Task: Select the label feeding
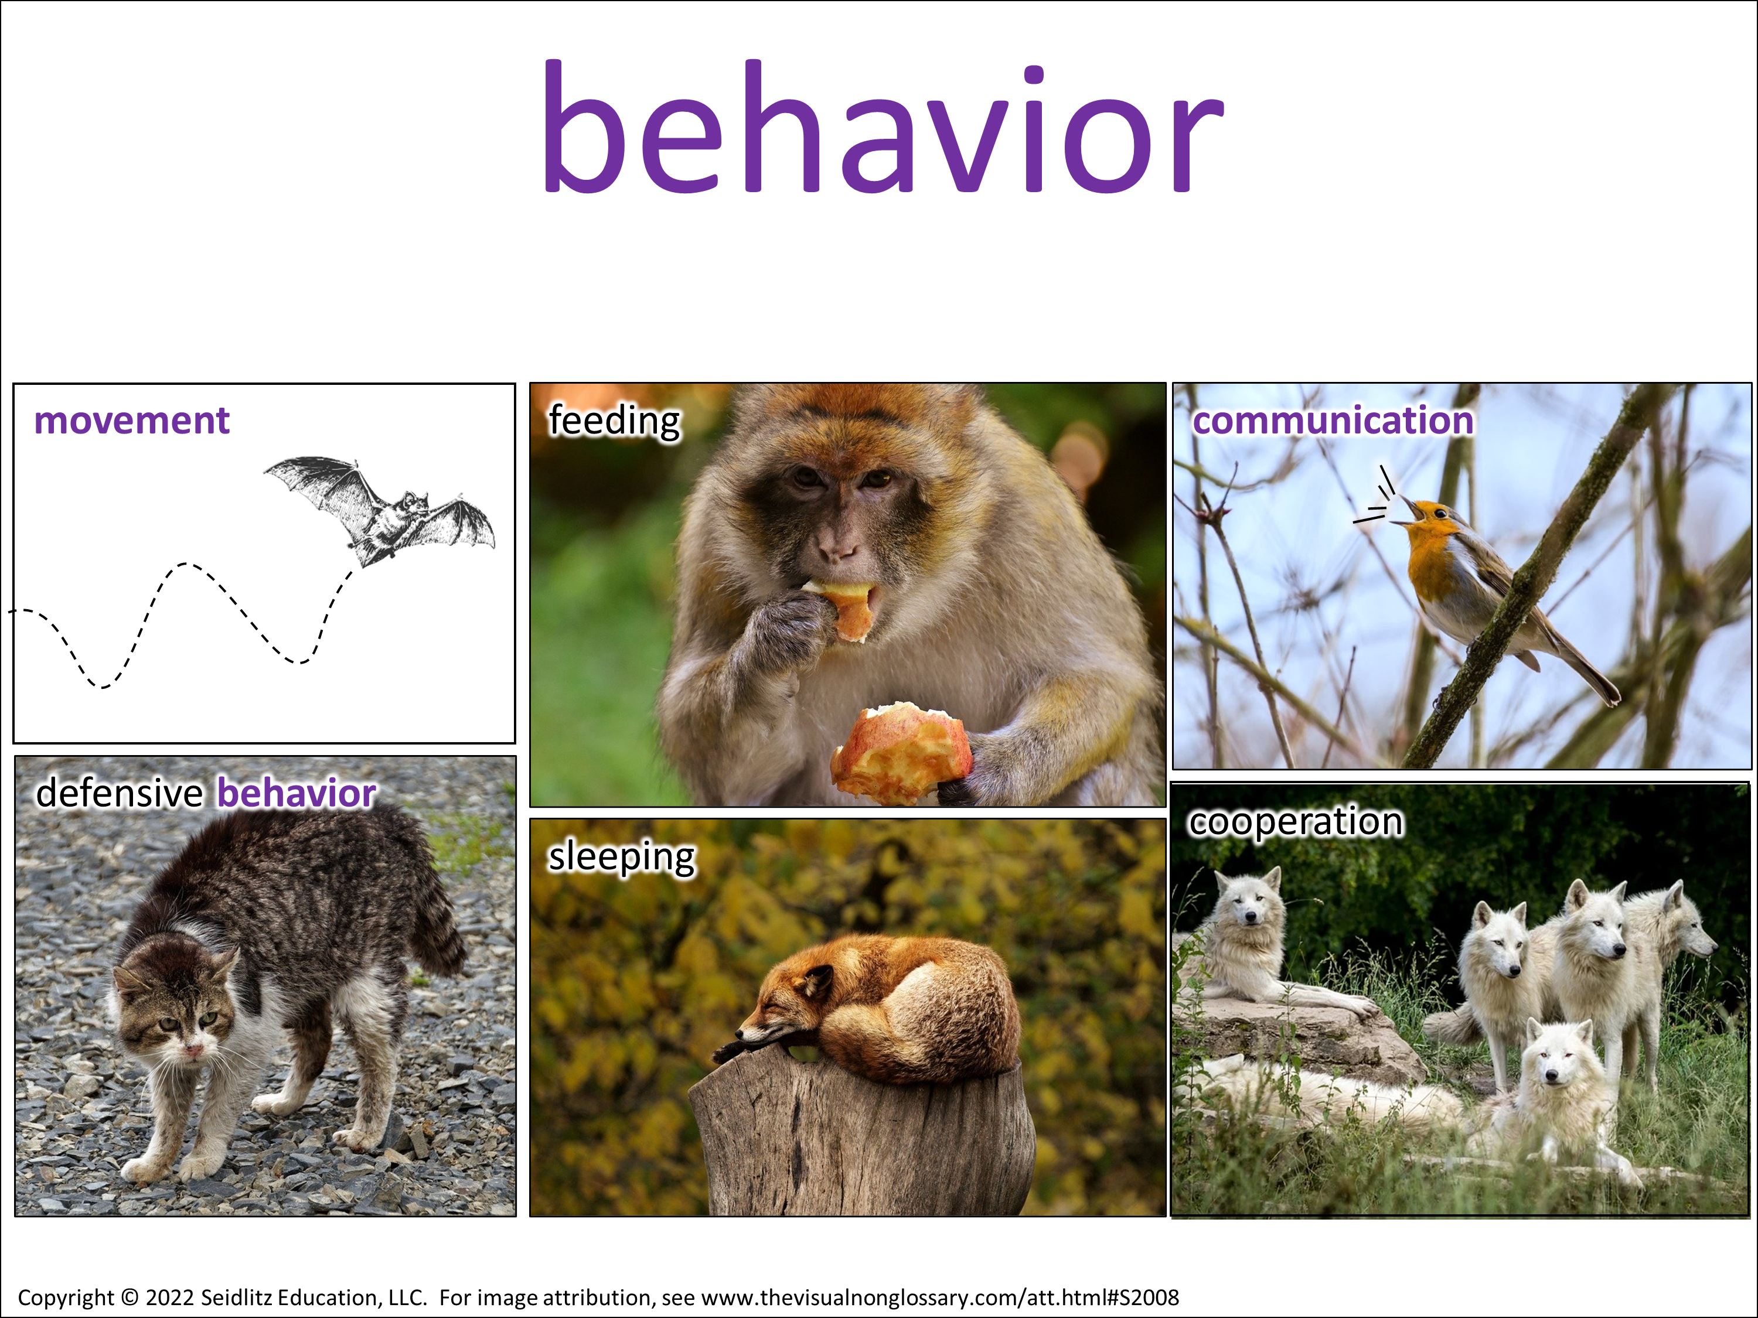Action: tap(614, 421)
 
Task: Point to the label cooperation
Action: tap(1296, 821)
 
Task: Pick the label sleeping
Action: tap(622, 857)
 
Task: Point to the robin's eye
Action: tap(1441, 513)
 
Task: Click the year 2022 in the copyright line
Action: tap(170, 1297)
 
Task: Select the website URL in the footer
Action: tap(940, 1297)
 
